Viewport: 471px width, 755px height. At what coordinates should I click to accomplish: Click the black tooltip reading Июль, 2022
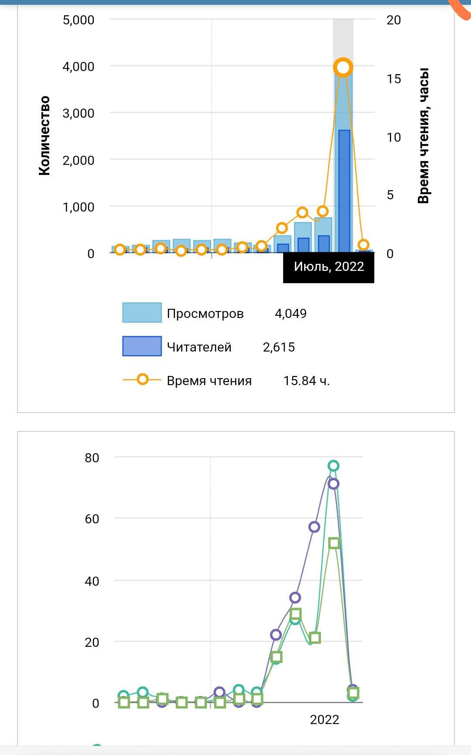(x=328, y=266)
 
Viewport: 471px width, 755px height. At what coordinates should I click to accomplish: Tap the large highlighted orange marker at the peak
(x=343, y=68)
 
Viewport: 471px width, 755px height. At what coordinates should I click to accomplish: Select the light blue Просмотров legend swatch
(x=142, y=313)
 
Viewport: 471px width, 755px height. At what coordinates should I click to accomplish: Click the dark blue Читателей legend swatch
(x=142, y=346)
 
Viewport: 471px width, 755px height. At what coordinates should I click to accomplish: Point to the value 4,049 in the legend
(x=290, y=314)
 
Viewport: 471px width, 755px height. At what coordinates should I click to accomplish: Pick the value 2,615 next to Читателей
(x=279, y=347)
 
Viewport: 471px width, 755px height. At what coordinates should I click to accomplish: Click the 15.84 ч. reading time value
(x=306, y=381)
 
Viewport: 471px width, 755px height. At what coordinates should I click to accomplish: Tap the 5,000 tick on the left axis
(x=78, y=20)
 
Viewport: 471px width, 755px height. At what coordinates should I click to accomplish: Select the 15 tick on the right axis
(x=393, y=79)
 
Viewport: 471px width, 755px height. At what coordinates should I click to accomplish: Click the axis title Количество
(x=44, y=136)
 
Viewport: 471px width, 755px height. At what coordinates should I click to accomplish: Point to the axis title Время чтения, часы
(x=423, y=136)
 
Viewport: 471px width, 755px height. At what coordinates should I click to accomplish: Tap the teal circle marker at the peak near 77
(x=334, y=466)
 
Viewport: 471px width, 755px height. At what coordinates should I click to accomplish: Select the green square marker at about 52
(x=334, y=543)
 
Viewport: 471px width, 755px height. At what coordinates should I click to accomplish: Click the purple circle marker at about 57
(x=314, y=527)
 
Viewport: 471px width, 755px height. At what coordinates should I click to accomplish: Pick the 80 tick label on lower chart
(x=92, y=458)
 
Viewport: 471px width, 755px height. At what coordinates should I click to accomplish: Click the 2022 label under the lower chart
(x=324, y=720)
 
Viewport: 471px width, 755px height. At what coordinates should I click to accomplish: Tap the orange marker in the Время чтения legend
(x=142, y=379)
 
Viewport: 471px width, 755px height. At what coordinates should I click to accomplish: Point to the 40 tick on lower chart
(x=92, y=581)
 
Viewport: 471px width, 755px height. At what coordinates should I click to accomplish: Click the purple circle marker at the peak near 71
(x=334, y=484)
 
